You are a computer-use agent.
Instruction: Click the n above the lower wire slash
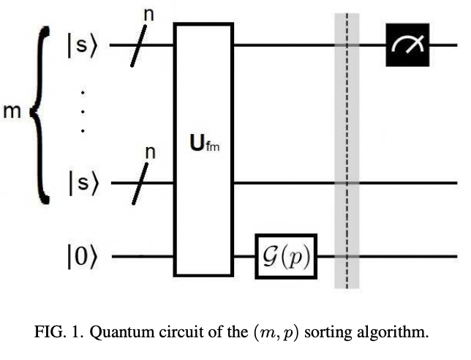tap(150, 152)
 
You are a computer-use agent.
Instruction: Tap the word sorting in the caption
tap(333, 332)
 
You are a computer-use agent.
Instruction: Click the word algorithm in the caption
tap(393, 332)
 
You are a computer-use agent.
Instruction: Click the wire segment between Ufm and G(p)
tap(244, 258)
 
